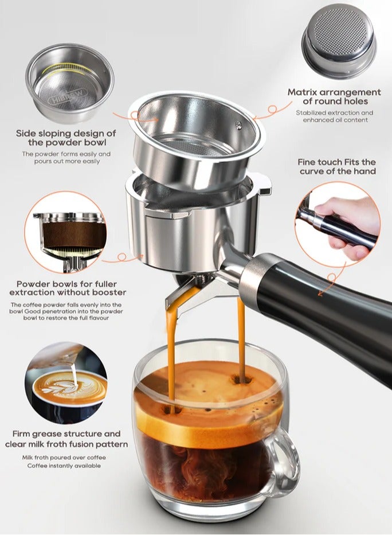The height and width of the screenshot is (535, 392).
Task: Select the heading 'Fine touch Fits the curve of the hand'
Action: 337,167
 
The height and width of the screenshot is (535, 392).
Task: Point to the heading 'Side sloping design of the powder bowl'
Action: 66,138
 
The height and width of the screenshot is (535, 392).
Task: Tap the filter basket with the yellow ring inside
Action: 69,77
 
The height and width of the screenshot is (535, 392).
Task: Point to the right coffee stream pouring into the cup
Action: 241,338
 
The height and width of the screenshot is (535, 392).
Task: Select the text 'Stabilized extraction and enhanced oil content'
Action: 334,116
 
